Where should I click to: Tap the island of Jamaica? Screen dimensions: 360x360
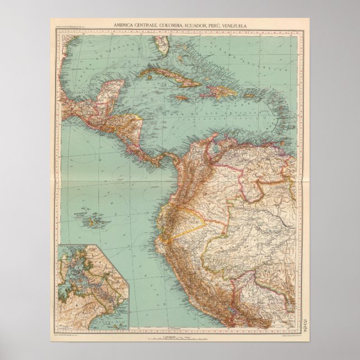coord(181,98)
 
